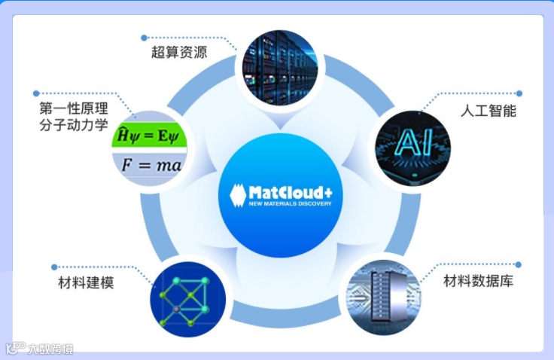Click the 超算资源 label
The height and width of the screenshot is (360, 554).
point(179,53)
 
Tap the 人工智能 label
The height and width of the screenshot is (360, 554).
point(488,110)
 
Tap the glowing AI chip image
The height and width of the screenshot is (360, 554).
point(412,142)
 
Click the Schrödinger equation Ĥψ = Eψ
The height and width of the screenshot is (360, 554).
point(149,136)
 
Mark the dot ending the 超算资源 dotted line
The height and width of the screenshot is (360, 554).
point(144,37)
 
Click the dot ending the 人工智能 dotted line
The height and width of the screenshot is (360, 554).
point(519,93)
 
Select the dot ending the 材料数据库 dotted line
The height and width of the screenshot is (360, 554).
point(518,264)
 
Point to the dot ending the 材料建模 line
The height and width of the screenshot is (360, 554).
point(53,267)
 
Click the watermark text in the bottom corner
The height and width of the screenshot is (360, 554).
point(50,349)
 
